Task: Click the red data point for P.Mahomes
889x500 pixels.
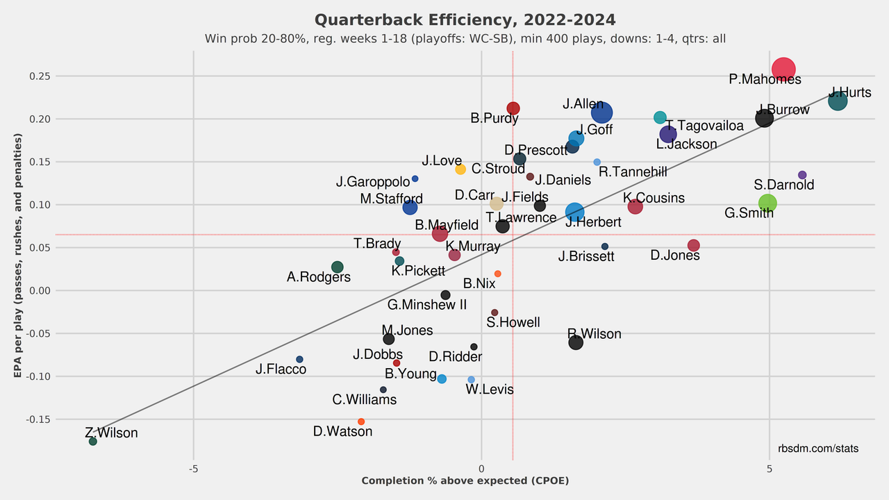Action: click(x=783, y=69)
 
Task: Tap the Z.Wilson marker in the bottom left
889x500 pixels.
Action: click(x=93, y=442)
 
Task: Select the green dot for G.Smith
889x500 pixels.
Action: click(x=767, y=203)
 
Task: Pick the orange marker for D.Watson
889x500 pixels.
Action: click(x=361, y=422)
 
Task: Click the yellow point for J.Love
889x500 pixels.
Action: click(x=460, y=169)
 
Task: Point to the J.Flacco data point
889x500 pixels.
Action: click(x=299, y=359)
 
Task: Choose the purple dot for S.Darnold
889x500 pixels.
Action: click(x=802, y=175)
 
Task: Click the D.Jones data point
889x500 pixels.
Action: click(x=693, y=245)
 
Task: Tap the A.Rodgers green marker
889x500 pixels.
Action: click(x=338, y=267)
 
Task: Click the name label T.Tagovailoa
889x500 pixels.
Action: click(x=704, y=126)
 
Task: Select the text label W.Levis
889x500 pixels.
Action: click(x=490, y=390)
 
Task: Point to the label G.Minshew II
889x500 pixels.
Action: click(x=427, y=305)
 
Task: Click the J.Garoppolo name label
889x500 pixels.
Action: click(x=373, y=182)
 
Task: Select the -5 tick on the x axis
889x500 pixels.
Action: click(x=193, y=469)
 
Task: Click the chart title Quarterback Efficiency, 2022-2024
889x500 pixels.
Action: click(x=465, y=19)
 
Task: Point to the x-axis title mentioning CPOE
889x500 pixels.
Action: click(x=465, y=481)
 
